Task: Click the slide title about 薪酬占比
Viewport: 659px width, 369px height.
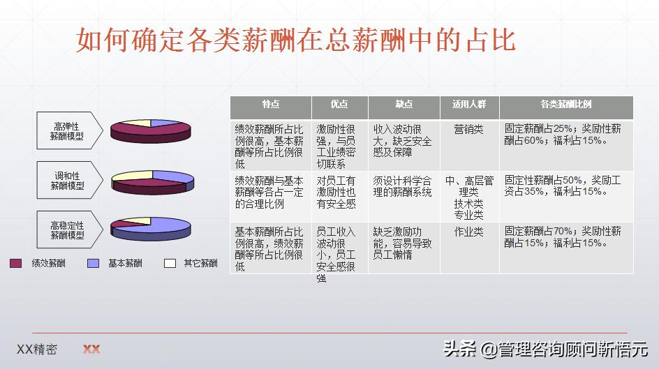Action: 295,40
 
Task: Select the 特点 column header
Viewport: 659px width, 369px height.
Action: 271,105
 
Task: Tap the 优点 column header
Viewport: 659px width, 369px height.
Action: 339,105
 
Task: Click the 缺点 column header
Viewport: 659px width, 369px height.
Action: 403,105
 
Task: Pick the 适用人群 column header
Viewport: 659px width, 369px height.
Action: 468,105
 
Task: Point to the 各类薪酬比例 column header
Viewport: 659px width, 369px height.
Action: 565,105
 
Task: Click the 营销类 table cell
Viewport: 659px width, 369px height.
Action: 468,129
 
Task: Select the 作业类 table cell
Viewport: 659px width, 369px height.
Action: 468,232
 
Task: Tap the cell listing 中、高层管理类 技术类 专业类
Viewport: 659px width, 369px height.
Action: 468,197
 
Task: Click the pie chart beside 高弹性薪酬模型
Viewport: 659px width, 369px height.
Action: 151,130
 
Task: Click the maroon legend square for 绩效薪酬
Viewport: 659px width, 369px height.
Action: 16,264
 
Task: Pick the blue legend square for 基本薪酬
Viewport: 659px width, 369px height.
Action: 93,264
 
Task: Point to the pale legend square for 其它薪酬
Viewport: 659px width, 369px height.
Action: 170,264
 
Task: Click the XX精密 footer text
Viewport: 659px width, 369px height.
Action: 37,349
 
